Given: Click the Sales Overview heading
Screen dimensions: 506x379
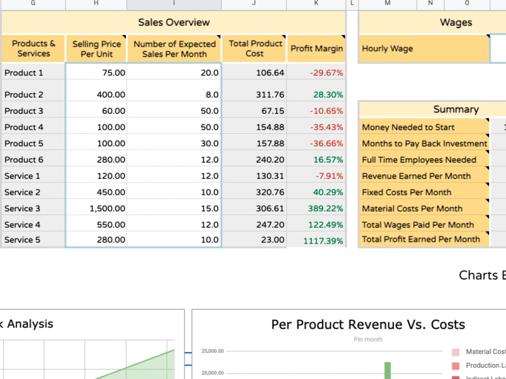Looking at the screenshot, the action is pos(174,22).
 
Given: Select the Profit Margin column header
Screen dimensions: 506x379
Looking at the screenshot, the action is pos(317,49).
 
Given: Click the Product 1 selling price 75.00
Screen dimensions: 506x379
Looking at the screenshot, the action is pos(113,73).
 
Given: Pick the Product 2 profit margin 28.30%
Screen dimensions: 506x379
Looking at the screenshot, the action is pos(328,95).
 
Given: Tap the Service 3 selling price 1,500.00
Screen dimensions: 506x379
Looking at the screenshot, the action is pos(107,209).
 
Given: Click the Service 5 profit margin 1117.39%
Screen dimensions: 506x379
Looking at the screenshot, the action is pos(323,241).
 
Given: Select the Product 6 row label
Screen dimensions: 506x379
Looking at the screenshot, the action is pos(24,160).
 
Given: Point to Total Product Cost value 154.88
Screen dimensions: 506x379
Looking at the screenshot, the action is pos(270,127).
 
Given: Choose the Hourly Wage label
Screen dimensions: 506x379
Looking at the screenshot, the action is pos(387,49).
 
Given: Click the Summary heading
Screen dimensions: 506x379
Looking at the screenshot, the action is pos(456,109).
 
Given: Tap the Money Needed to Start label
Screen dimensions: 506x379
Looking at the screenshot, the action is pos(408,127).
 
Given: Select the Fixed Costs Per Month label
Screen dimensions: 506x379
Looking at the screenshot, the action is pos(407,193).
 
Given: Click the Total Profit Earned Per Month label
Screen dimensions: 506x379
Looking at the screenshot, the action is pos(421,239).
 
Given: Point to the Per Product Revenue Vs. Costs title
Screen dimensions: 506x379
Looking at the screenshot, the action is pos(368,324).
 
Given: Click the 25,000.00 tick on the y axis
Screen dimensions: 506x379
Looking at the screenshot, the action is pos(213,351).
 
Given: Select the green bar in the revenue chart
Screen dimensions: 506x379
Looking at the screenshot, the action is pos(387,370).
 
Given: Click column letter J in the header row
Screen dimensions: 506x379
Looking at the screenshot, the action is pos(254,3).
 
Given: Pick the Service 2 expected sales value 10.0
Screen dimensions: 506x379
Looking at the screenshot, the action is pos(209,193).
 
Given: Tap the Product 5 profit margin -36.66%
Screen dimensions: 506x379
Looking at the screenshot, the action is pos(326,144).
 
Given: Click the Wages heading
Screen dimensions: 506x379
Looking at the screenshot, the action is pos(456,22).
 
